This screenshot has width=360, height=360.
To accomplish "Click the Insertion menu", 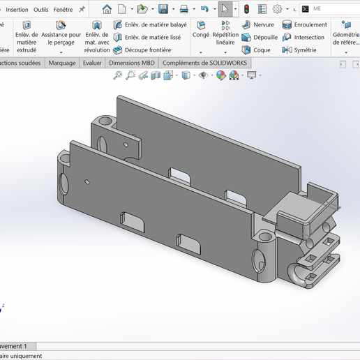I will pos(17,9).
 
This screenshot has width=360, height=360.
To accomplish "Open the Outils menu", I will pos(41,9).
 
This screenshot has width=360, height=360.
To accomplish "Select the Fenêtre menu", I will pos(63,9).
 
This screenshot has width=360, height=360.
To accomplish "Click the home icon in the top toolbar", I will pos(107,9).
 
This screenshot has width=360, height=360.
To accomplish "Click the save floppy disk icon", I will pos(163,9).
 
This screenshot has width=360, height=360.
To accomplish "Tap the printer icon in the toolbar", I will pos(183,9).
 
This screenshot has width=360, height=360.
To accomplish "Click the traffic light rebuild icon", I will pos(246,9).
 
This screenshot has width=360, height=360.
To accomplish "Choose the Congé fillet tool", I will pos(201,29).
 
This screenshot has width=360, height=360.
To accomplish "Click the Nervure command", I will pos(258,24).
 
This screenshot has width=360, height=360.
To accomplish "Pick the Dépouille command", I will pos(260,37).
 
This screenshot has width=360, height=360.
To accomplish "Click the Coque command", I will pos(257,50).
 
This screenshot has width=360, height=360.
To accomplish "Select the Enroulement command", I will pos(305,24).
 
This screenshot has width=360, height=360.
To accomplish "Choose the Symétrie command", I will pos(299,50).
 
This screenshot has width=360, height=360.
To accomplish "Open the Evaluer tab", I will pos(92,63).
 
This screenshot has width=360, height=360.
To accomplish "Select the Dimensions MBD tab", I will pos(132,63).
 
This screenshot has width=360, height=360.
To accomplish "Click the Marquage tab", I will pos(62,63).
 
